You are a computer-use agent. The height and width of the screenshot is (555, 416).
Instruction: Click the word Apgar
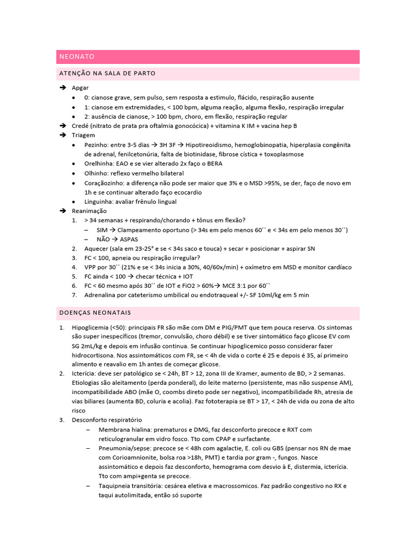pos(80,88)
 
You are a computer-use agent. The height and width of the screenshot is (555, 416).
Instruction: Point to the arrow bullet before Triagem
pos(62,135)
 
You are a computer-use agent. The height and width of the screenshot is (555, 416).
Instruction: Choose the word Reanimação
pos(89,211)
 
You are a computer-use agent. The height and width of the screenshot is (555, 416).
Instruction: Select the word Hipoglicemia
pos(90,328)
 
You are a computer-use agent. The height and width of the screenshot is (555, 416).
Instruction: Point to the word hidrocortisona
pos(94,356)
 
